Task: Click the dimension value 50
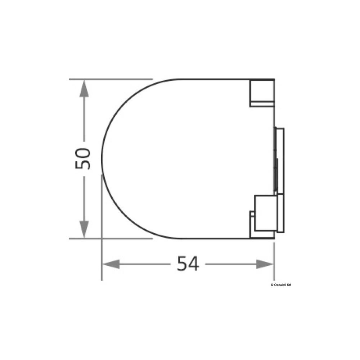coord(83,159)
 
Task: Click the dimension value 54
coord(188,264)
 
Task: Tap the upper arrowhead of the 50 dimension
coord(84,88)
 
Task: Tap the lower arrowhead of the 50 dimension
coord(84,229)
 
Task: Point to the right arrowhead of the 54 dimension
coord(265,264)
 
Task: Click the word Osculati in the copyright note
coord(280,285)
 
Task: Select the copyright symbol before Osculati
coord(272,285)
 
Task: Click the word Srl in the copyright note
coord(289,285)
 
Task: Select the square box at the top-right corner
coord(262,91)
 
